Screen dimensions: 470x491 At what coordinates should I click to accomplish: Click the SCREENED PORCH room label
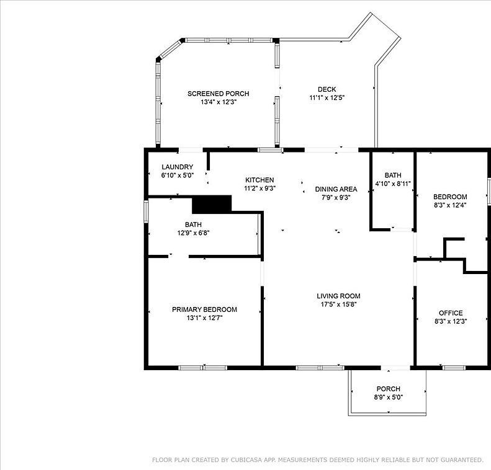click(218, 94)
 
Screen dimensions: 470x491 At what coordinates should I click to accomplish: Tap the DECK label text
click(327, 89)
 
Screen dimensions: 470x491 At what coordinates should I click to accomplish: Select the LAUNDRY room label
click(178, 167)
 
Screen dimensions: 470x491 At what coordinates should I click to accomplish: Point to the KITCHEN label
click(259, 180)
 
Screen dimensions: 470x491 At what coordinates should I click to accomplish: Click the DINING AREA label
click(336, 189)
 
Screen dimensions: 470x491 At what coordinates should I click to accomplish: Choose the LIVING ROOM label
click(338, 296)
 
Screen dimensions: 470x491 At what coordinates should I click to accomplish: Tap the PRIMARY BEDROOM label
click(204, 309)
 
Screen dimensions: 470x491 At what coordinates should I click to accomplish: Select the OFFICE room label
click(451, 313)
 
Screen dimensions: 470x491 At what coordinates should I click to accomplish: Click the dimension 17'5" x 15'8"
click(338, 304)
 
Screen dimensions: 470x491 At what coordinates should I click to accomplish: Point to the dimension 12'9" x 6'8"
click(193, 233)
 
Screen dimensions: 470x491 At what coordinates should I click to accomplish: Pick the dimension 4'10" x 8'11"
click(393, 184)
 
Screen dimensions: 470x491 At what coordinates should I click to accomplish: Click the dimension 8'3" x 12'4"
click(450, 205)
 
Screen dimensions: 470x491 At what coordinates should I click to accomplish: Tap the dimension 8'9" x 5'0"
click(388, 397)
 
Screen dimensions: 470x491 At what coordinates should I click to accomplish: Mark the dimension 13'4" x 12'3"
click(218, 102)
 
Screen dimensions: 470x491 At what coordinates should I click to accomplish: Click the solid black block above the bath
click(212, 204)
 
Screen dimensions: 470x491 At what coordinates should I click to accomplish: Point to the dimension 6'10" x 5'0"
click(178, 175)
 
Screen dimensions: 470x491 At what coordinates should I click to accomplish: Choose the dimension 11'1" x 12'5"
click(327, 97)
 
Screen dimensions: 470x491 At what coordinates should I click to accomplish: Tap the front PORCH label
click(388, 389)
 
